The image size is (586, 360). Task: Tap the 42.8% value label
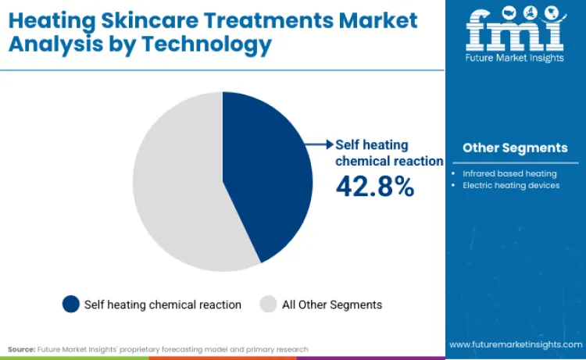click(x=374, y=186)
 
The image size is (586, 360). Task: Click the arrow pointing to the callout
click(x=320, y=144)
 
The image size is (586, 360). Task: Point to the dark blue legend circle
click(x=71, y=304)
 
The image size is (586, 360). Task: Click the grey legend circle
click(x=268, y=304)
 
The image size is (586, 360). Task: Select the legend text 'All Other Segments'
click(x=332, y=305)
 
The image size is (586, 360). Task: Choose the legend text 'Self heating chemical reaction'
click(x=163, y=305)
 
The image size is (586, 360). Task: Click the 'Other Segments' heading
click(x=515, y=148)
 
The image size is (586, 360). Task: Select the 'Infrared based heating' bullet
click(x=509, y=173)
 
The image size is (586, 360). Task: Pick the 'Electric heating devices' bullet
click(x=511, y=185)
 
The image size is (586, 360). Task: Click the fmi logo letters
click(x=515, y=30)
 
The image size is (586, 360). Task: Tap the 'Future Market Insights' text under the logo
click(x=515, y=60)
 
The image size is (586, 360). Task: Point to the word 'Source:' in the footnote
click(x=22, y=349)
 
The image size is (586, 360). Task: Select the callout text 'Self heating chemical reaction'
click(x=388, y=152)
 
